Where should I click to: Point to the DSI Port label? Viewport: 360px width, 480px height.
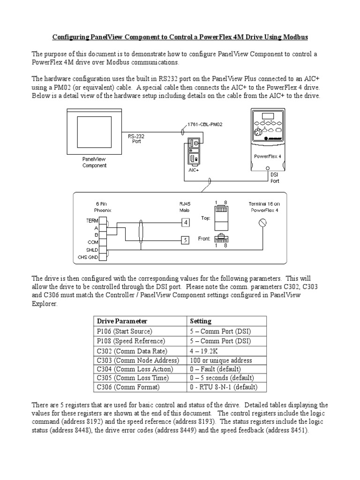275,177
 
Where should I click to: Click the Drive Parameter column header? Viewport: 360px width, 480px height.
122,321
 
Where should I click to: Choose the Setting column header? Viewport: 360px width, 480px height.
200,321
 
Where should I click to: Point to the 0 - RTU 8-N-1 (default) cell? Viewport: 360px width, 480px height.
223,387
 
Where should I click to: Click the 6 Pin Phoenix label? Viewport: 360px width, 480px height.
98,207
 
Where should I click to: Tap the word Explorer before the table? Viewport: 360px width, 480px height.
45,303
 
